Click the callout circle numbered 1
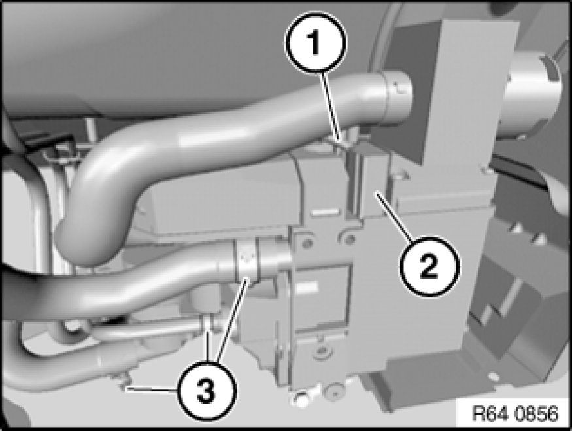[315, 43]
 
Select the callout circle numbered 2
[429, 266]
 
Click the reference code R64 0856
[514, 413]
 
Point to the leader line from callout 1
[331, 107]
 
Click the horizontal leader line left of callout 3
[152, 390]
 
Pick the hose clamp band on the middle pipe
[247, 261]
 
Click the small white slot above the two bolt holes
[324, 211]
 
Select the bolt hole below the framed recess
[322, 351]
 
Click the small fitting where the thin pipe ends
[208, 323]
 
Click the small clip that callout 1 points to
[345, 141]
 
